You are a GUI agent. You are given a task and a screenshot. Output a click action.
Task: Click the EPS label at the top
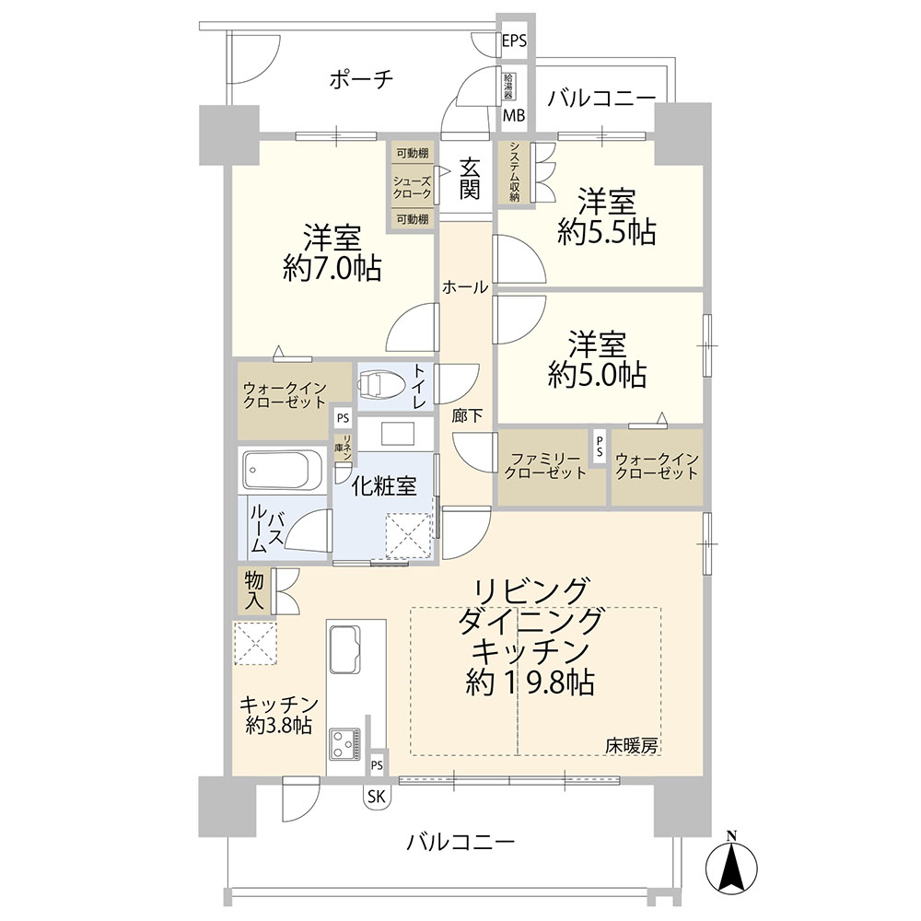click(x=514, y=41)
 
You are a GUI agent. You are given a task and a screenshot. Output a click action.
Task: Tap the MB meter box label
click(x=514, y=115)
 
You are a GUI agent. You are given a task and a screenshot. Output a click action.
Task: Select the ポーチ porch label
click(x=361, y=78)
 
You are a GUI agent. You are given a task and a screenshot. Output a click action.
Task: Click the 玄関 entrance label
click(x=470, y=179)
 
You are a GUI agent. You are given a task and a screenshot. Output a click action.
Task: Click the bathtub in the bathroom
click(x=283, y=470)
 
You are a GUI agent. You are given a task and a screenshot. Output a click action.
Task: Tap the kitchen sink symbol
click(x=344, y=649)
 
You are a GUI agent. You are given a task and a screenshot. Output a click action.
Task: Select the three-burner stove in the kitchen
click(x=344, y=743)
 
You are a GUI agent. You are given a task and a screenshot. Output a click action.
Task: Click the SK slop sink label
click(x=377, y=797)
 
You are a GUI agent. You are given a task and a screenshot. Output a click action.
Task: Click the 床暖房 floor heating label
click(x=632, y=746)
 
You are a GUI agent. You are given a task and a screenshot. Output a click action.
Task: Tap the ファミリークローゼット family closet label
click(x=545, y=466)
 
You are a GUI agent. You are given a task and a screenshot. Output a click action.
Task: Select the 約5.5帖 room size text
click(x=606, y=233)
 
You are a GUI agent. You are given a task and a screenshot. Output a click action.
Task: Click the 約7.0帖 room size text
click(x=332, y=268)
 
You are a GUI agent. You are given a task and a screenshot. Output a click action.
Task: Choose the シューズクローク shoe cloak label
click(x=413, y=187)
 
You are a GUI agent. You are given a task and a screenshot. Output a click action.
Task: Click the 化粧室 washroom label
click(x=384, y=485)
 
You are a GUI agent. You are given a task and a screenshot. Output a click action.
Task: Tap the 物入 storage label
click(x=254, y=591)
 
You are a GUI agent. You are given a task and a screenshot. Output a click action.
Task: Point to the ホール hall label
click(x=464, y=287)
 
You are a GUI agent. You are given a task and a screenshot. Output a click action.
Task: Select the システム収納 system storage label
click(x=515, y=172)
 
